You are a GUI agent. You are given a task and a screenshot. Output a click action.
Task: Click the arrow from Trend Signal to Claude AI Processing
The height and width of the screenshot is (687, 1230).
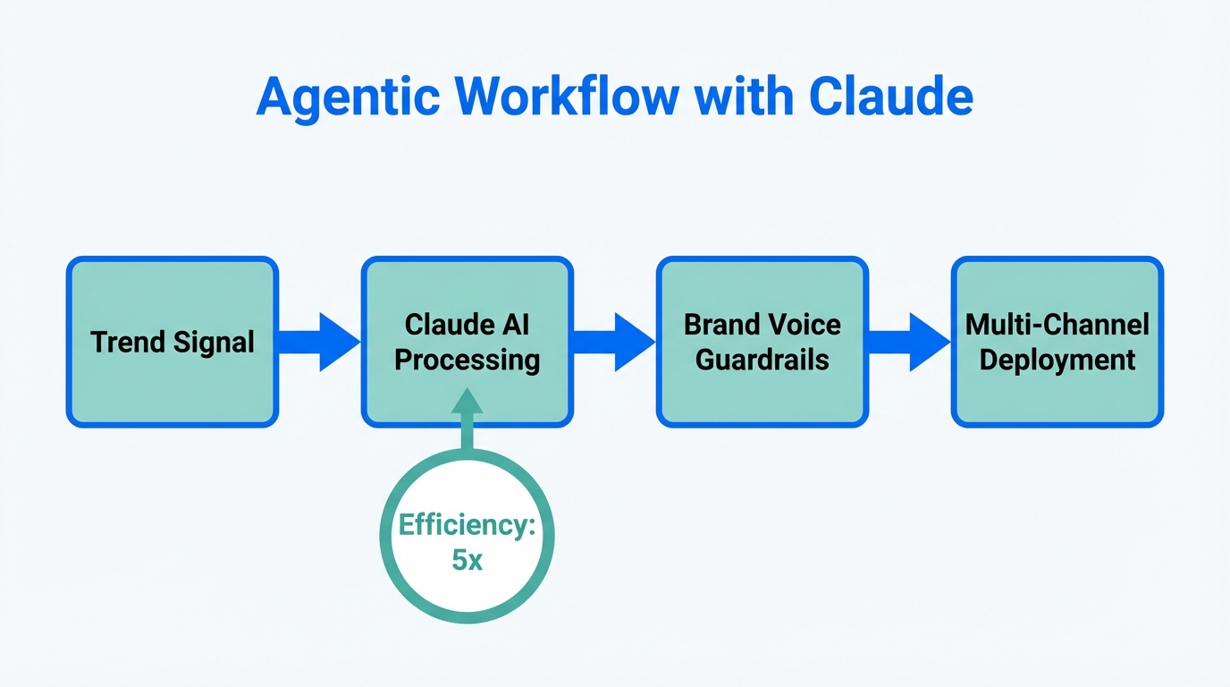[x=318, y=342]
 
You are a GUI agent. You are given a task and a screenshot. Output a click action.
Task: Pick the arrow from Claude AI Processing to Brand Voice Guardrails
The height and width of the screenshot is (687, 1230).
[x=613, y=342]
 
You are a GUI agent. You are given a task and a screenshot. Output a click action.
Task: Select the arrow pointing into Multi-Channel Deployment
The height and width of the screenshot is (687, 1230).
[x=908, y=342]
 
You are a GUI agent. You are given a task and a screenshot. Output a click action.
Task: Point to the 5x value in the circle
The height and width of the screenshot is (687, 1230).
[x=467, y=561]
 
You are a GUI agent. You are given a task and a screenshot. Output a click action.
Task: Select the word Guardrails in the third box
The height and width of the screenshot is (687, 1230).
[x=762, y=360]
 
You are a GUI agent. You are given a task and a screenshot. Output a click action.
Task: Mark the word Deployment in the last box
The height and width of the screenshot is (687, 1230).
[x=1057, y=360]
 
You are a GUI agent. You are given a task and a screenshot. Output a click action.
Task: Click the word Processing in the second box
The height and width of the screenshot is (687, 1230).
[x=467, y=360]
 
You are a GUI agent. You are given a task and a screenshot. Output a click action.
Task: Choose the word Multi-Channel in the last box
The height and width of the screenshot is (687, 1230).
[x=1057, y=324]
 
